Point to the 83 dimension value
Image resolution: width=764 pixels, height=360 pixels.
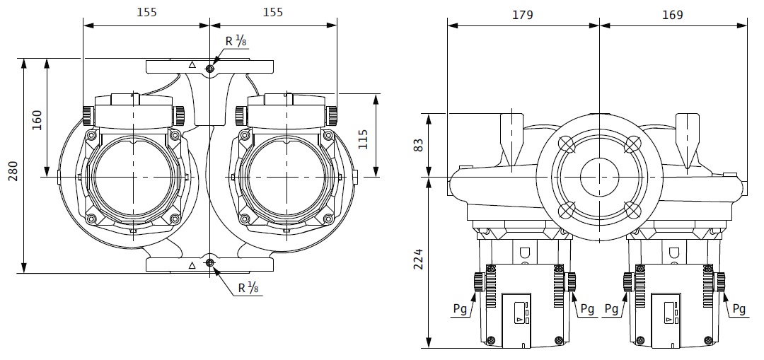[419, 145]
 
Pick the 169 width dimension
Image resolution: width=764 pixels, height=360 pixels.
[673, 15]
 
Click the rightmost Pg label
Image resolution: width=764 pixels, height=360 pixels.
[739, 309]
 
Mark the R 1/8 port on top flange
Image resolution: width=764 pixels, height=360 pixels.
[210, 69]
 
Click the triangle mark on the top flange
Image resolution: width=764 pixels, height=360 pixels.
[192, 65]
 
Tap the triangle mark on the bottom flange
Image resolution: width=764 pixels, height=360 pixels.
[192, 265]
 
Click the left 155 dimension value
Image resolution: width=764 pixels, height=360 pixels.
[146, 12]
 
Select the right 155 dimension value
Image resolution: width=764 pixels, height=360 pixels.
[272, 12]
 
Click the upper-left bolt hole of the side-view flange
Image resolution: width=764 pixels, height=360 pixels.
[567, 143]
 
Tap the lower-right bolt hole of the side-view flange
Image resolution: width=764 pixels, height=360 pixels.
[632, 209]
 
